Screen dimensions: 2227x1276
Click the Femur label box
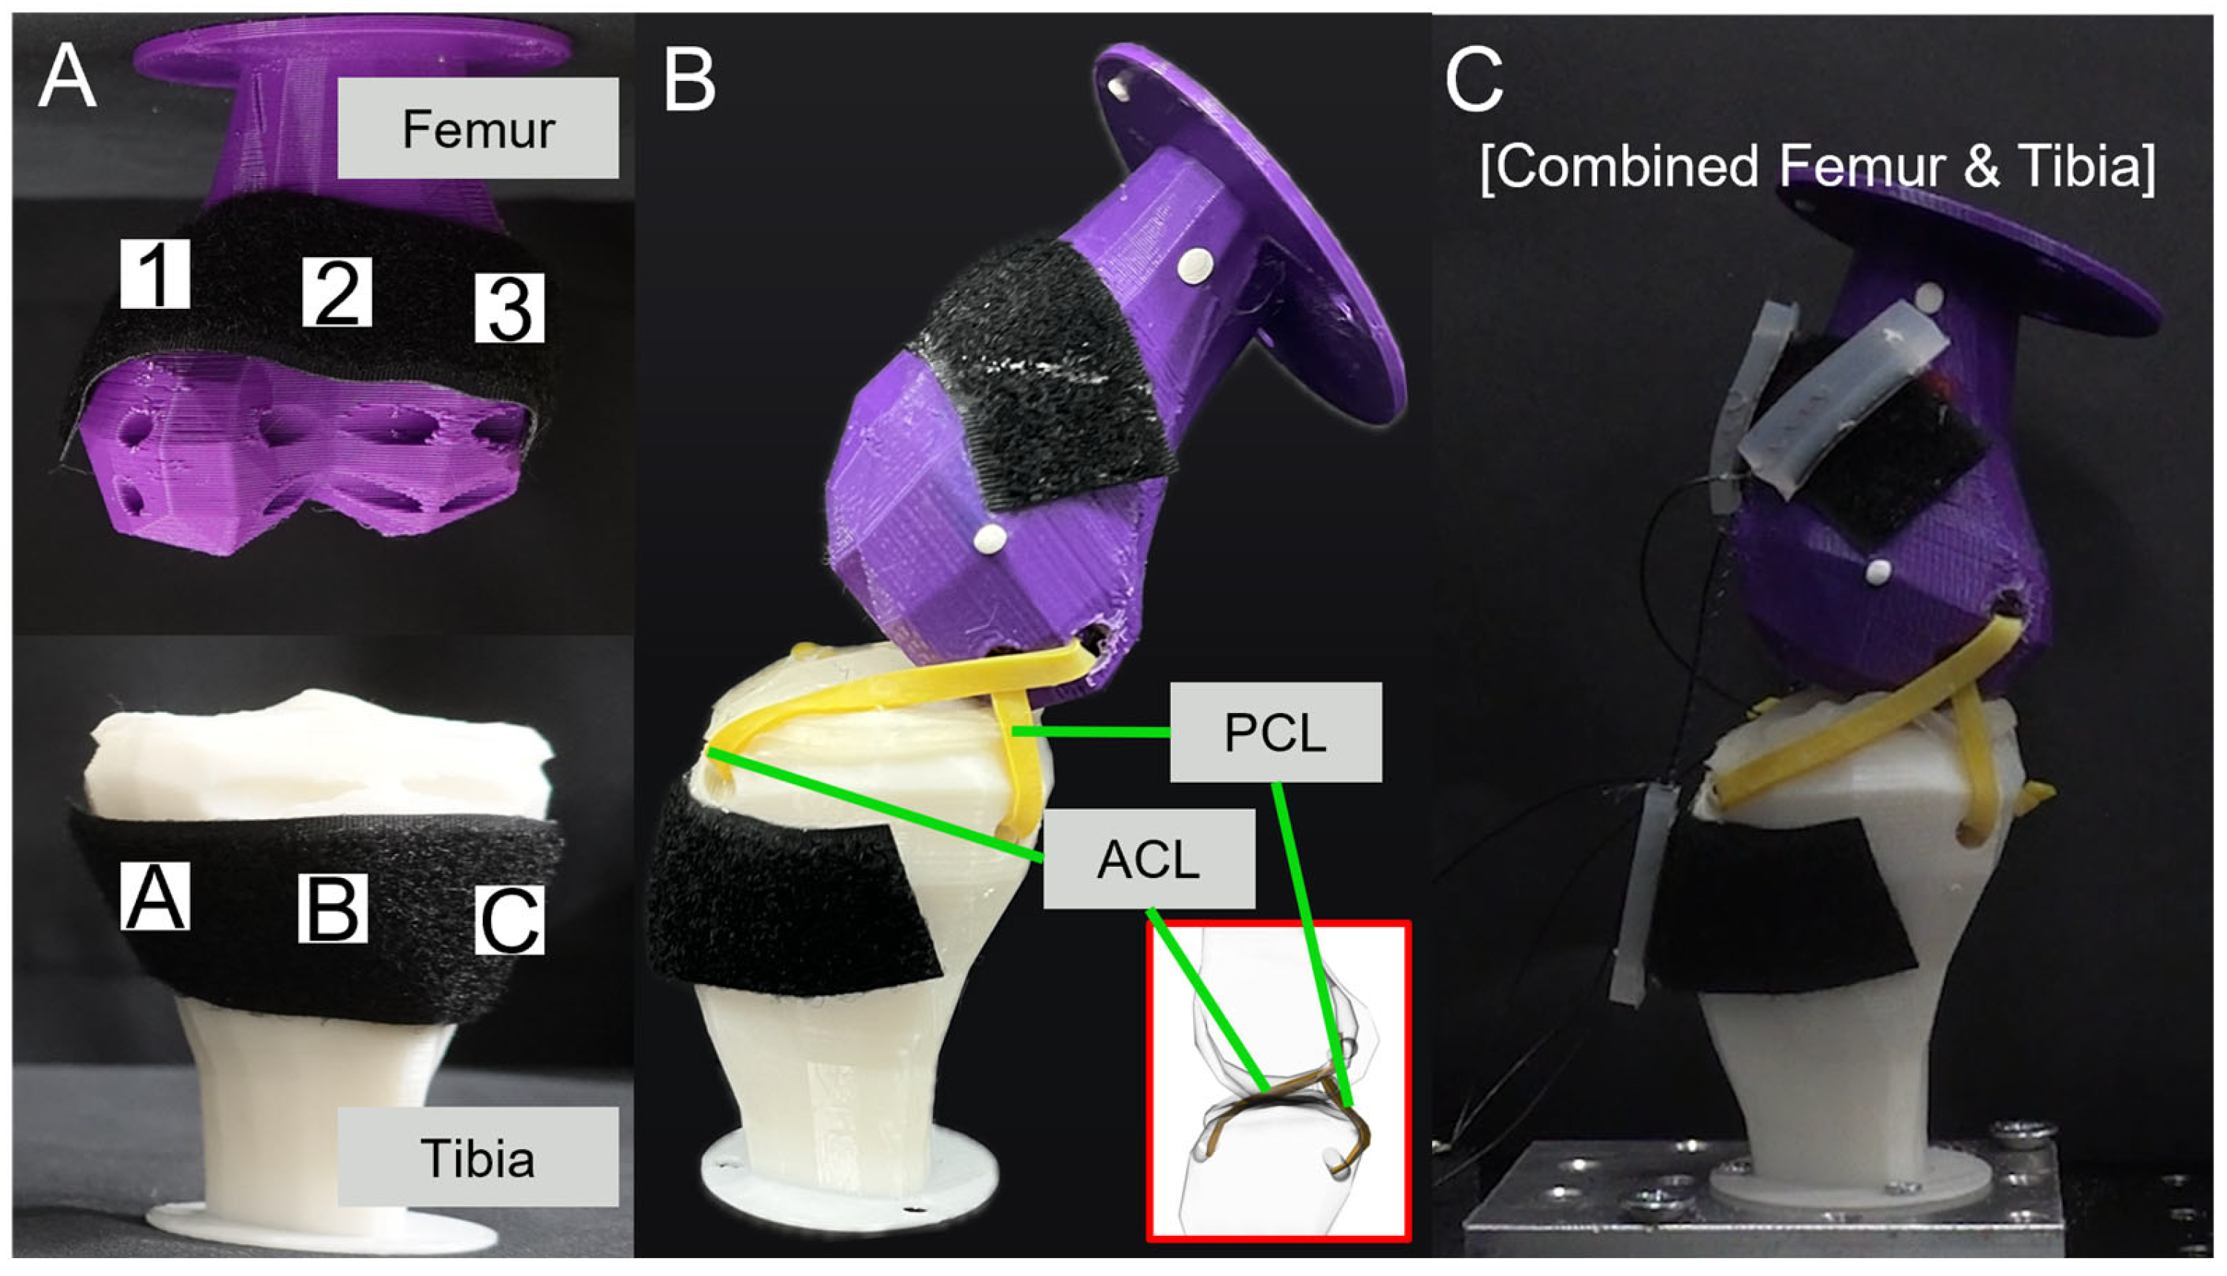478,128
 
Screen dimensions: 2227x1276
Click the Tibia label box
478,1157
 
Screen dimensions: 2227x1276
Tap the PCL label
1275,732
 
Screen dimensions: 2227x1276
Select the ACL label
1148,859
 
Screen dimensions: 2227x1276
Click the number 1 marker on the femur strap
155,273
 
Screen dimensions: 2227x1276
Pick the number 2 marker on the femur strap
337,292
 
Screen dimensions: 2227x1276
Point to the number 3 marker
509,308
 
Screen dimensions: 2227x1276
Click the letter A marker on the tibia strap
155,896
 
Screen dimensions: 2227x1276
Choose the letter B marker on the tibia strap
332,908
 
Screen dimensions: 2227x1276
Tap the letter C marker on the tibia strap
509,920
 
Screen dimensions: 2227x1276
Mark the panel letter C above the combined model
1475,81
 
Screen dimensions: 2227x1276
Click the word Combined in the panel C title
1622,166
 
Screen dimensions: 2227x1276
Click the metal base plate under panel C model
1797,1218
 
